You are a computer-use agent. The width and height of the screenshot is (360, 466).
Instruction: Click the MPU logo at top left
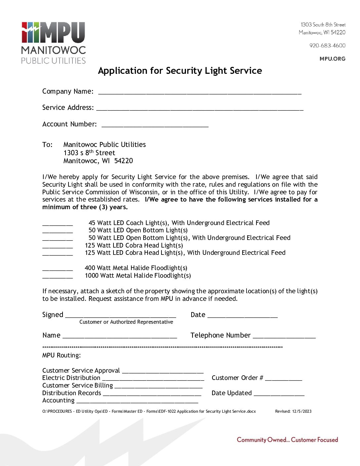53,43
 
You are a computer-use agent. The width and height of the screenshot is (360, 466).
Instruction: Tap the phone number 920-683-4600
327,45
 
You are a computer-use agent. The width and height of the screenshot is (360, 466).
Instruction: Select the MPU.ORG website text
332,59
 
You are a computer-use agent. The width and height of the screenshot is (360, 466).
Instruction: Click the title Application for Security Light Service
180,71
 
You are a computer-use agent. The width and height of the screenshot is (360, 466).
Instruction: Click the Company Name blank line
200,93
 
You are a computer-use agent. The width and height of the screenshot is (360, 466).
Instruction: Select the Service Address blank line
200,109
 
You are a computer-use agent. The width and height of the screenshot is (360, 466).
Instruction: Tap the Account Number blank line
155,126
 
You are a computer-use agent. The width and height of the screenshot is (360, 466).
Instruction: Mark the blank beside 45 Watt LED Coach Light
58,224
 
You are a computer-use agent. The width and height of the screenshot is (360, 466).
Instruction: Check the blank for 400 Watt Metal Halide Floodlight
58,269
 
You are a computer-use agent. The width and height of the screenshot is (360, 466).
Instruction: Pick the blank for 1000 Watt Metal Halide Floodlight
58,277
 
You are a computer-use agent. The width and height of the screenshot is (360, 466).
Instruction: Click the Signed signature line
120,316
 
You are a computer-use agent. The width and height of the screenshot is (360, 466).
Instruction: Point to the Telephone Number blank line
284,337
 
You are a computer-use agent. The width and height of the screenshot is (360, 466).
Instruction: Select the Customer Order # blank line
284,379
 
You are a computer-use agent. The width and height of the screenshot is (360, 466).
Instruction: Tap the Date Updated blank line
279,395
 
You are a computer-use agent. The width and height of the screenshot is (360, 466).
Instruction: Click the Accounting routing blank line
137,402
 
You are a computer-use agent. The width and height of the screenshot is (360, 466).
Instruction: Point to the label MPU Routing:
62,355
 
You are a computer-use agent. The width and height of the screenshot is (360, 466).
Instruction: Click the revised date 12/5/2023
301,411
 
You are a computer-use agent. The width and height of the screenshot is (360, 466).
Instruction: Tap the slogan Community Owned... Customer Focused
287,440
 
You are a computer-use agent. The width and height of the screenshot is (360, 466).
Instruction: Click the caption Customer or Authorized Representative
126,322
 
